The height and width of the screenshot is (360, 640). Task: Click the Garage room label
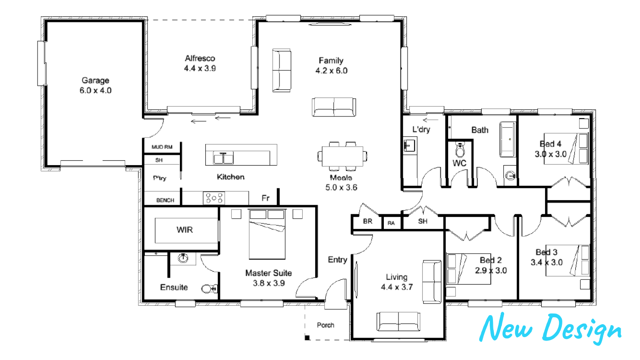95,81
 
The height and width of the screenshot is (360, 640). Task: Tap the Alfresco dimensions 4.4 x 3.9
200,69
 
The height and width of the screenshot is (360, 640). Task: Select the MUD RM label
162,147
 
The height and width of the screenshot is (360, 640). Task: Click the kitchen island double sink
223,158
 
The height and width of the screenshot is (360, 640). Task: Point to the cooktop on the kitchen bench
214,198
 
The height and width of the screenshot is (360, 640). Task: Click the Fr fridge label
265,198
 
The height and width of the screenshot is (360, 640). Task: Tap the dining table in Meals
342,156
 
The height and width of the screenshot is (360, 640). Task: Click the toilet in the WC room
460,150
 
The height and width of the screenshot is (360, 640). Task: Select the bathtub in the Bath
508,139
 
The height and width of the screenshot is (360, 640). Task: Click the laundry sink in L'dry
409,146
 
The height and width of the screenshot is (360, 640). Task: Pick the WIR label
185,230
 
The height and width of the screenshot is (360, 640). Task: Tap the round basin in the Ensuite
183,258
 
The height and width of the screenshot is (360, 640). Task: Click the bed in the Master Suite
267,234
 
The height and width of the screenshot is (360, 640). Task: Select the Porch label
326,325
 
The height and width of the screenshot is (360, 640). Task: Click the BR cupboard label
368,222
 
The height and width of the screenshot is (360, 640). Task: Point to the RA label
391,223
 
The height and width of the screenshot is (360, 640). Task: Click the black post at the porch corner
307,338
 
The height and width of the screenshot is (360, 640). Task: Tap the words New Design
551,329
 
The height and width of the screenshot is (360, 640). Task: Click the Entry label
337,260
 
